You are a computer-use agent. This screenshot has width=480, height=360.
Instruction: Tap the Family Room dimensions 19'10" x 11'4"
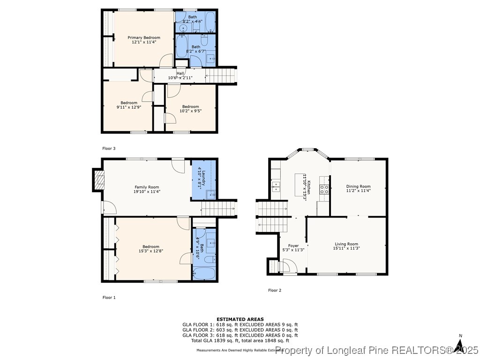(147, 191)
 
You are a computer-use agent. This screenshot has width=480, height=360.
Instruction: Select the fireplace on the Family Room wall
(99, 180)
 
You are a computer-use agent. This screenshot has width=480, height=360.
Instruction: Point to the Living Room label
(346, 244)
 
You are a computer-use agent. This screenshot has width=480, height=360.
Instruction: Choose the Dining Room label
(358, 187)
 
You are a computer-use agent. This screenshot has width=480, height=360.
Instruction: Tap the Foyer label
(293, 246)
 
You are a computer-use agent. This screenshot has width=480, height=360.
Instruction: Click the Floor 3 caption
(109, 149)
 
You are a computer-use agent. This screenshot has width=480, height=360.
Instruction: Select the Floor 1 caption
(109, 297)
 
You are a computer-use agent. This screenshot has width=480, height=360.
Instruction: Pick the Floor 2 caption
(275, 290)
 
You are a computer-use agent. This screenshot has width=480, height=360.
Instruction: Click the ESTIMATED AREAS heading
(240, 319)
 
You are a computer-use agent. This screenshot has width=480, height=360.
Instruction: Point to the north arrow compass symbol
(459, 345)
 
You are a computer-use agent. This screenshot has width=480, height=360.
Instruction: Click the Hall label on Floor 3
(180, 73)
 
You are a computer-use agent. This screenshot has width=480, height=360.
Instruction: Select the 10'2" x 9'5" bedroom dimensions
(191, 111)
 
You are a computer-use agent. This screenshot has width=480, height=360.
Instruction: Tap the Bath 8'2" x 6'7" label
(195, 47)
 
